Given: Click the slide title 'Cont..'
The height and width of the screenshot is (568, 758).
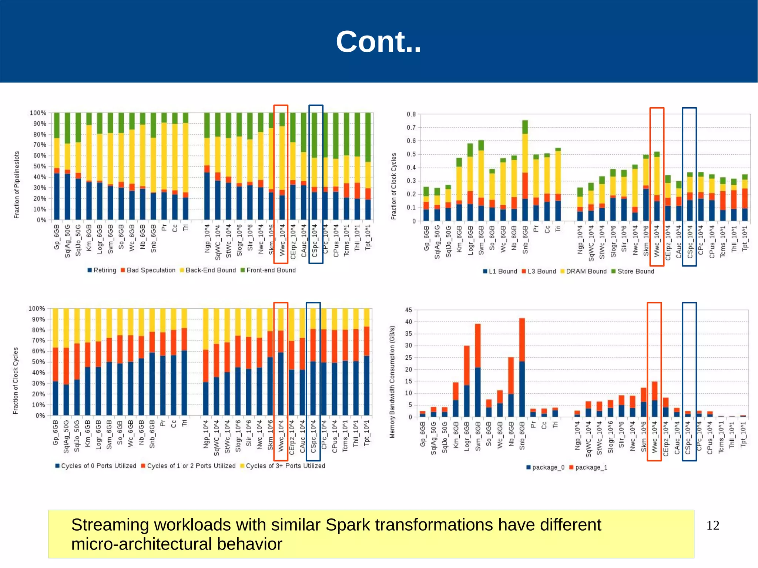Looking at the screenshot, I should (x=378, y=41).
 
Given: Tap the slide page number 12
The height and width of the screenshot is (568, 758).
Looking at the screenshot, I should (x=712, y=525).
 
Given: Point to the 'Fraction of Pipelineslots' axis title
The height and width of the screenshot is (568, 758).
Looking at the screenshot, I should (x=17, y=185).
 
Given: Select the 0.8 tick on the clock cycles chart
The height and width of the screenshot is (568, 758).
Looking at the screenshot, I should (x=411, y=114).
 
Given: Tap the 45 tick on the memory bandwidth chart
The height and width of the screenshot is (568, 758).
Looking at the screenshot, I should (x=409, y=310).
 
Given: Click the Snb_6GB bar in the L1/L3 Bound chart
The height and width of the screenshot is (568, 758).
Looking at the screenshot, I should (x=525, y=171).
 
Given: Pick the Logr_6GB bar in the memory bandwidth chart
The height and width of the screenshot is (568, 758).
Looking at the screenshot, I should (x=467, y=382).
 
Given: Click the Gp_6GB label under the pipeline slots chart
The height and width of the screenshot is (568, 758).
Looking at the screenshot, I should (x=57, y=237).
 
